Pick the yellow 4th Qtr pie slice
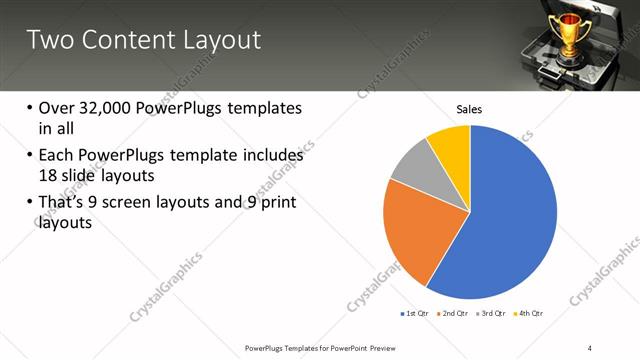point(451,146)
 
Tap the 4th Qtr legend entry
point(530,313)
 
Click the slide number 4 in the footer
point(590,347)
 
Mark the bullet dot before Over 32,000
point(29,108)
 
